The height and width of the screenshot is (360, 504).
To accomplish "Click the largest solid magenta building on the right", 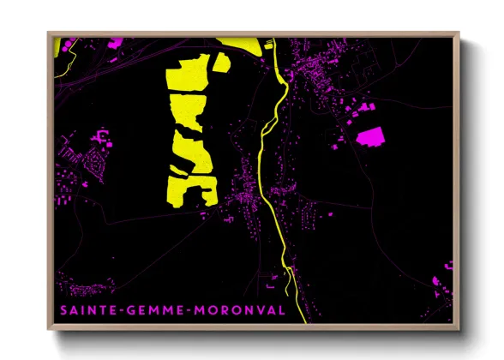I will click(x=370, y=135).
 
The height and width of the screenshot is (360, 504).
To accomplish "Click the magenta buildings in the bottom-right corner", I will click(x=441, y=283).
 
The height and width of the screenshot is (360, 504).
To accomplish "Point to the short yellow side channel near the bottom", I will click(x=291, y=279).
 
